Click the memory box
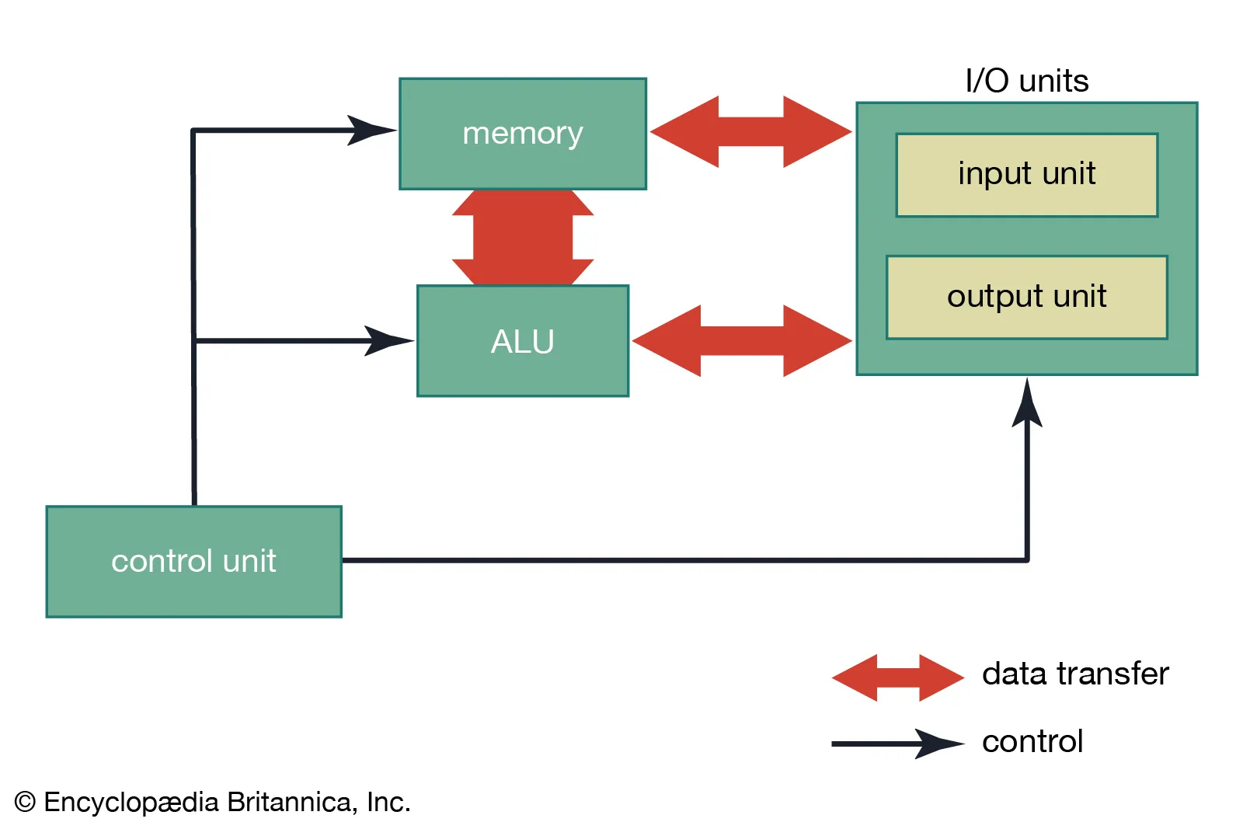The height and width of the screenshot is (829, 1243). (523, 134)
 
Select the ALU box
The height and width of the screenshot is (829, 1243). (523, 341)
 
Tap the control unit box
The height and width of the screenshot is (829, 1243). (193, 561)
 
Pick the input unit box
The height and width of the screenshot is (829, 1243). (1026, 174)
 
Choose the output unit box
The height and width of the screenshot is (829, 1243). (1026, 297)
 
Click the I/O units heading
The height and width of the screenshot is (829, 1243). (1026, 81)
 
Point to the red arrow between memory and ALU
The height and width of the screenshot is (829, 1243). (523, 237)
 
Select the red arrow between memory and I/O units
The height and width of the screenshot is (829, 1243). (750, 131)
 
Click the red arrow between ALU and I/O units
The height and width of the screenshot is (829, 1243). (742, 340)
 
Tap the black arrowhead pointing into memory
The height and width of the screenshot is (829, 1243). (371, 131)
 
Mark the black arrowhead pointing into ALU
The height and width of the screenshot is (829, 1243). (388, 340)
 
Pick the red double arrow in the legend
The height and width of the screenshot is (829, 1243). (897, 677)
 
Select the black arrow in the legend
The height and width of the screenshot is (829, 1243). (897, 744)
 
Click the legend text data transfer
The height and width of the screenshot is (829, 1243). (1075, 674)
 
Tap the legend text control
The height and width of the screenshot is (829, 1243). (1032, 742)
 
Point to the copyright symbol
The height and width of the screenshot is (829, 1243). (25, 802)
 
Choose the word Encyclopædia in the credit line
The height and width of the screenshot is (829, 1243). (131, 802)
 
